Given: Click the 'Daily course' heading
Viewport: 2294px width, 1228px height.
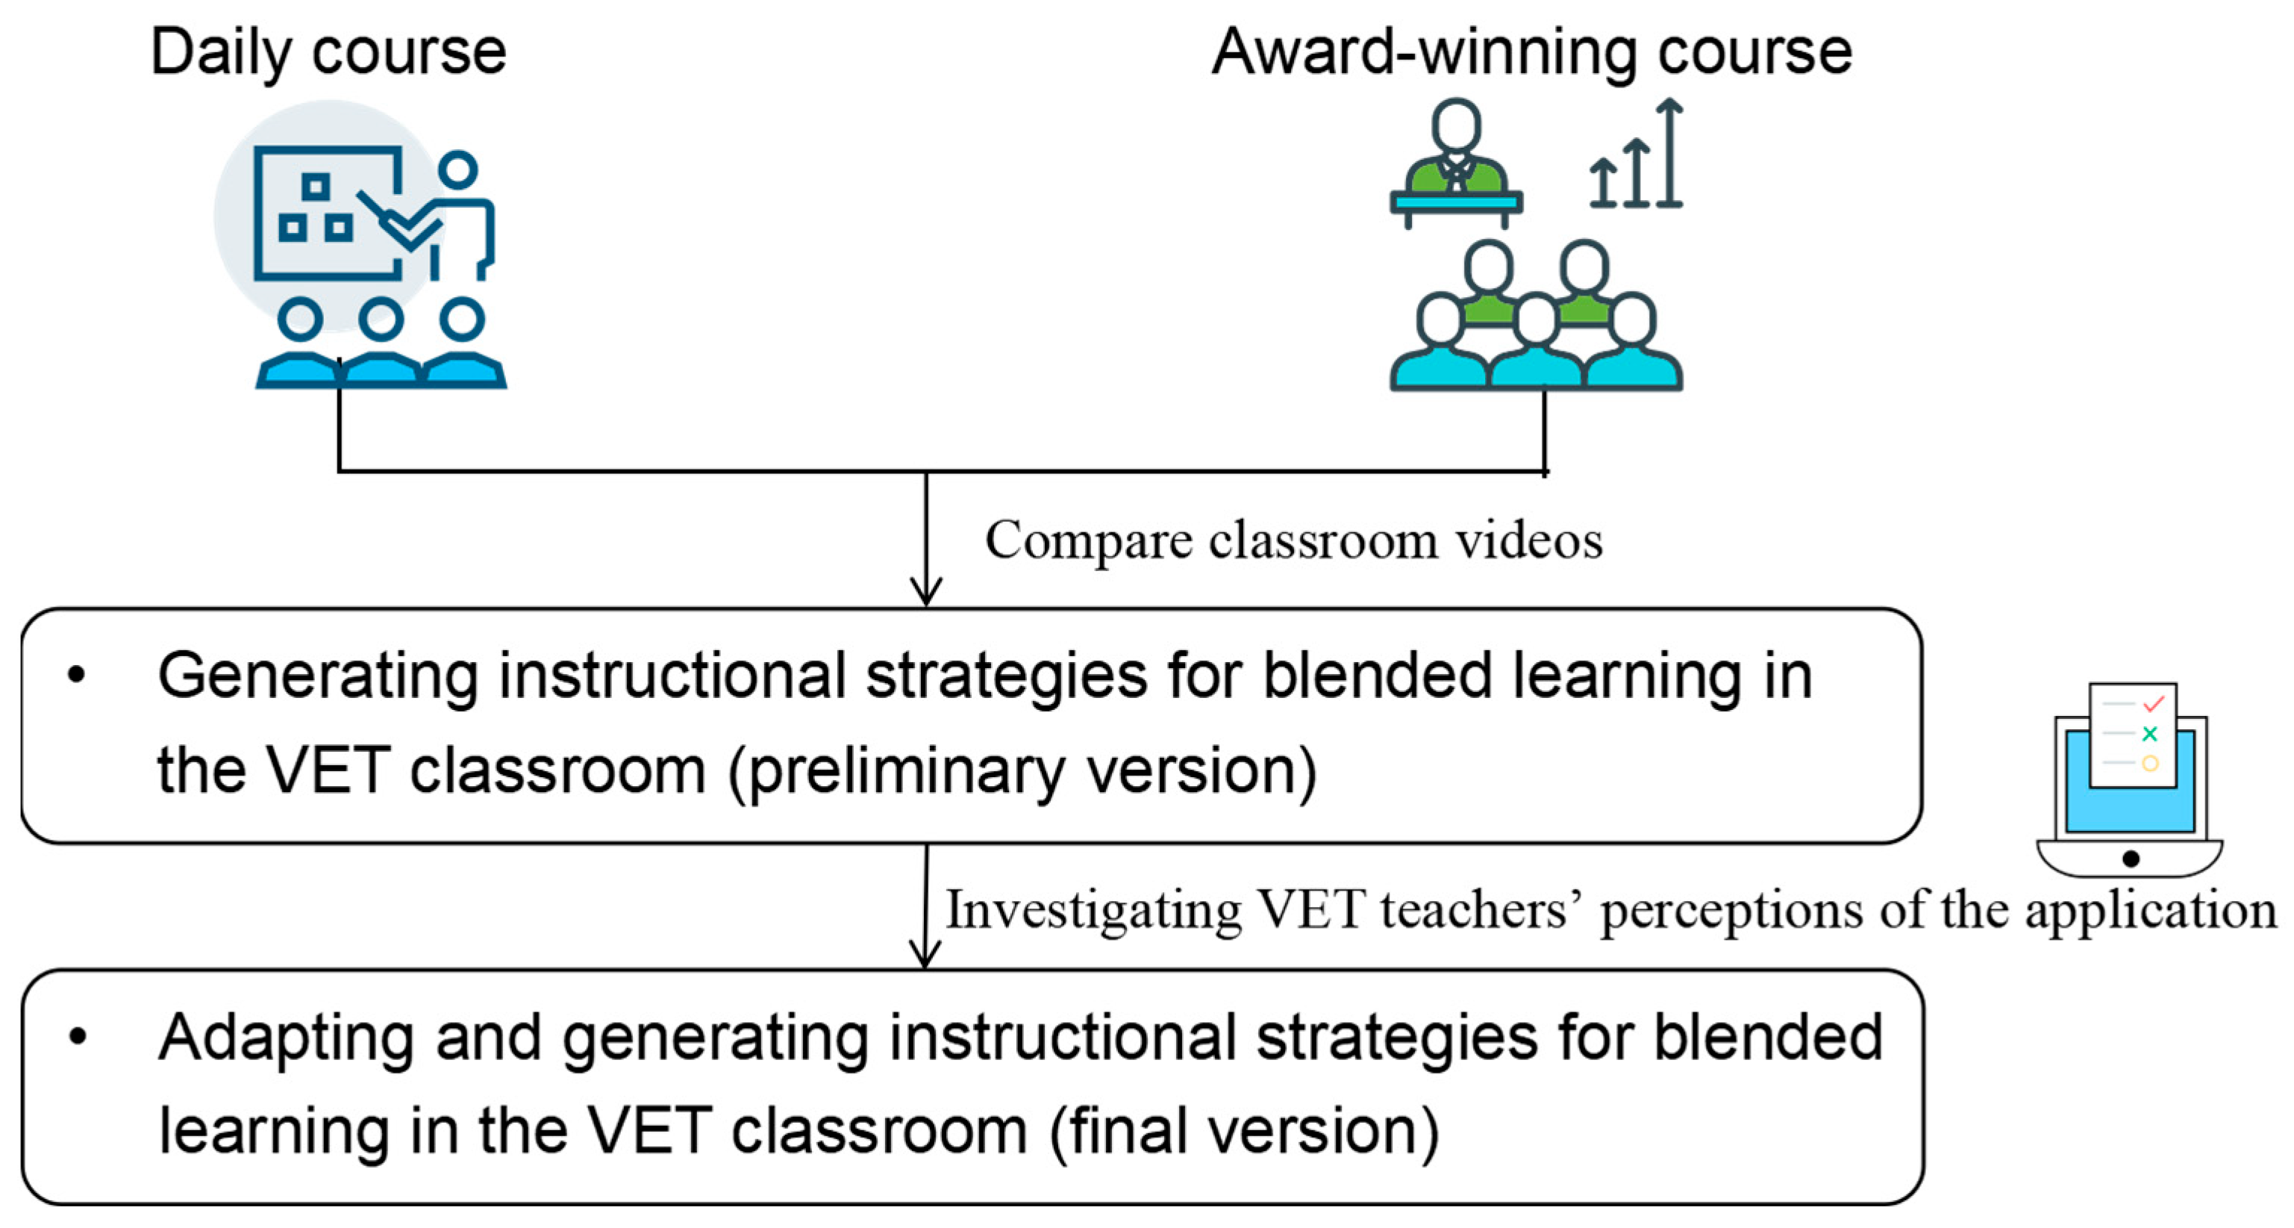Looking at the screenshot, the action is (x=328, y=52).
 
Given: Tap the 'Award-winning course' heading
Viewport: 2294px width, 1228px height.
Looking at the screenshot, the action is (x=1532, y=52).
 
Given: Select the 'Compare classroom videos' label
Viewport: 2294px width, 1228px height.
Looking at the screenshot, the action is (x=1293, y=540).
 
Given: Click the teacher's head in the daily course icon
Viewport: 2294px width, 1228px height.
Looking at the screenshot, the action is (x=457, y=169).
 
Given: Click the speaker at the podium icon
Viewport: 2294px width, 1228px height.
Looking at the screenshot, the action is (x=1456, y=160).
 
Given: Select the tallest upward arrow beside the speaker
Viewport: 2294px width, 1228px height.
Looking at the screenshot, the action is (x=1669, y=152).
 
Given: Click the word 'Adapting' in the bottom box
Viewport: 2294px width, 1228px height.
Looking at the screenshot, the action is (x=286, y=1038).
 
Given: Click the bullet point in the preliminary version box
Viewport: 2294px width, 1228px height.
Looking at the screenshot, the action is (x=77, y=675).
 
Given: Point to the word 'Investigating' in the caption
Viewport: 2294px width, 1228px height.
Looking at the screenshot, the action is (x=1093, y=910).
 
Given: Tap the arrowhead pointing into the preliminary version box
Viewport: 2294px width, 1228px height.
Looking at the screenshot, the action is (x=926, y=591).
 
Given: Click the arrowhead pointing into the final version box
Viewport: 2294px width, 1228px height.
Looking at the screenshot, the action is (x=925, y=955).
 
